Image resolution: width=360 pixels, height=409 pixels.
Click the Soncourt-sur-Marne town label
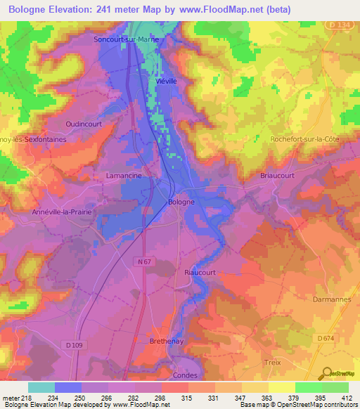(x=127, y=40)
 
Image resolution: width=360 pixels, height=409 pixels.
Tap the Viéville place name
(x=165, y=82)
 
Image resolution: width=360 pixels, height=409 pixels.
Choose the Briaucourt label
(x=276, y=177)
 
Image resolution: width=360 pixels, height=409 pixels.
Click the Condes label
(x=185, y=375)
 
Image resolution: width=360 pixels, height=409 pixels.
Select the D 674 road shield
(x=326, y=338)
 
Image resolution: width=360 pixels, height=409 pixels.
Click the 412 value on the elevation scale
(x=348, y=398)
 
